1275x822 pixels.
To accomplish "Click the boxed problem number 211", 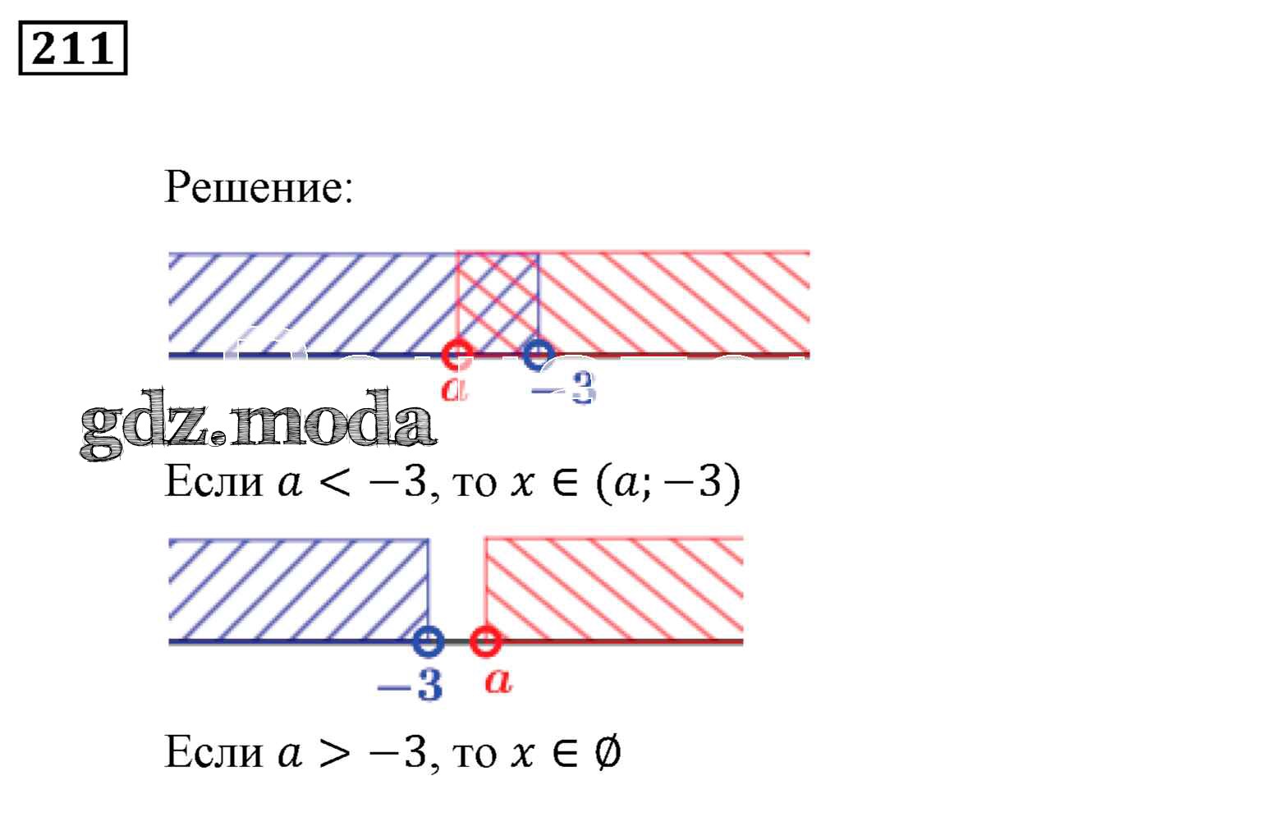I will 72,48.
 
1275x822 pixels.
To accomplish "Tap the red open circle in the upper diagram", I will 456,356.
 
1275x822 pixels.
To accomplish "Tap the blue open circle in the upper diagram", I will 537,355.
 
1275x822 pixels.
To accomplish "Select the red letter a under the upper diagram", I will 454,388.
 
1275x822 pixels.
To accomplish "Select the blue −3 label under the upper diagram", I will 563,388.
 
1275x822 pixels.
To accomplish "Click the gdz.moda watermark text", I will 258,425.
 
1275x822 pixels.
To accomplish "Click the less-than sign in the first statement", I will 333,483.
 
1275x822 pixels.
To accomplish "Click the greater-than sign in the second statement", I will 333,752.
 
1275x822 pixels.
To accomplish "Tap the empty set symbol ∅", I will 606,751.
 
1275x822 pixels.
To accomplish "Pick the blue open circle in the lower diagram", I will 428,641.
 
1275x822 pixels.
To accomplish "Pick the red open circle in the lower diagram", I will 485,641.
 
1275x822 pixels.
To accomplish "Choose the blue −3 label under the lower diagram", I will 410,683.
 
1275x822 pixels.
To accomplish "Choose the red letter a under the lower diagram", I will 498,680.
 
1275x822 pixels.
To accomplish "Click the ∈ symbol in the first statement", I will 563,483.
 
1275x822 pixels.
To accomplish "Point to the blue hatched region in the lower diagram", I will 298,587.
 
